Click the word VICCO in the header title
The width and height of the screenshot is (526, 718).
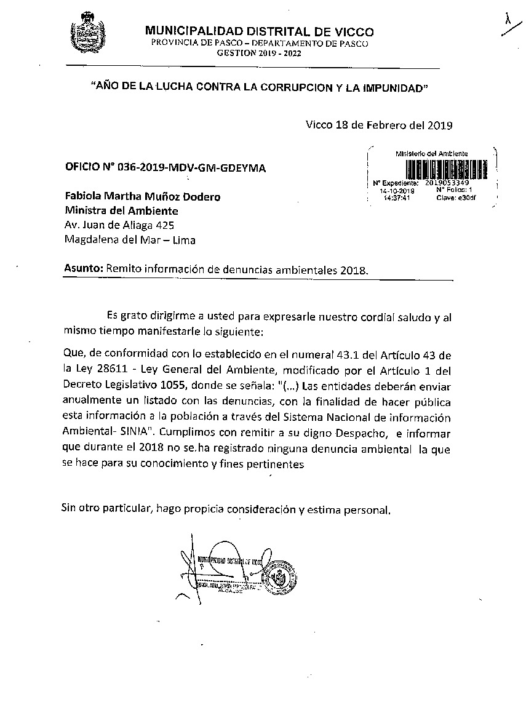[351, 32]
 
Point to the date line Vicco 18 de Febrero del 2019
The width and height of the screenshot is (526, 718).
[379, 126]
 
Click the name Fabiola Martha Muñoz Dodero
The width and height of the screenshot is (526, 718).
[143, 197]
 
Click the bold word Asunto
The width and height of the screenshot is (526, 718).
[83, 269]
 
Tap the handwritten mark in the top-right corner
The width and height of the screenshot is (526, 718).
[508, 21]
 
